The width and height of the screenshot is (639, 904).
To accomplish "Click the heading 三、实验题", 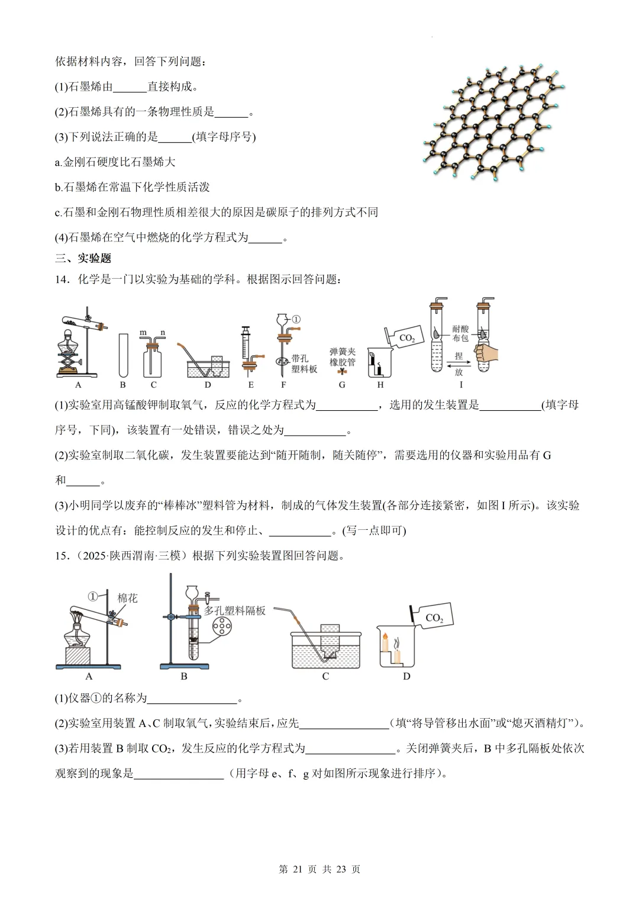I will pyautogui.click(x=83, y=258).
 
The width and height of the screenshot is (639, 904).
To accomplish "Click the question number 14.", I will pyautogui.click(x=62, y=279).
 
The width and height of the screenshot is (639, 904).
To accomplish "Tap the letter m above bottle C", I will pyautogui.click(x=143, y=333).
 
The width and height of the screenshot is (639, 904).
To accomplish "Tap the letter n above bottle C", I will pyautogui.click(x=162, y=333).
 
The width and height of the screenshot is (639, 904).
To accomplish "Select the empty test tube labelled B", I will pyautogui.click(x=123, y=355).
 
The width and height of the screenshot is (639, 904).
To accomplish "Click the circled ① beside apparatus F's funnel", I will pyautogui.click(x=296, y=320).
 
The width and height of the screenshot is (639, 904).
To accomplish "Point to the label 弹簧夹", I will pyautogui.click(x=343, y=352).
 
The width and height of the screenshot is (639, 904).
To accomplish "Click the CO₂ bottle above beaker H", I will pyautogui.click(x=405, y=337).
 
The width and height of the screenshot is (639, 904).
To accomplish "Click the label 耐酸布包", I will pyautogui.click(x=460, y=333).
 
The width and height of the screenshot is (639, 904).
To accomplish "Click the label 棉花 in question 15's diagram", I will pyautogui.click(x=127, y=598).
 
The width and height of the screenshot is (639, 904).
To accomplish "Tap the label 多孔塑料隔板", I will pyautogui.click(x=235, y=610).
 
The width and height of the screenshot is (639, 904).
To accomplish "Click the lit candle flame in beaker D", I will pyautogui.click(x=385, y=639).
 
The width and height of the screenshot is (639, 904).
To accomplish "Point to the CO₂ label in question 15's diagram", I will pyautogui.click(x=434, y=617).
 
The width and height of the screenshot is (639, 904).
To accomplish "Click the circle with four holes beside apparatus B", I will pyautogui.click(x=222, y=626).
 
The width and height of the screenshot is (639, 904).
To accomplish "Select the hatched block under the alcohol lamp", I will pyautogui.click(x=77, y=656).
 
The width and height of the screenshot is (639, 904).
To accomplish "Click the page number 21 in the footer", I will pyautogui.click(x=297, y=869).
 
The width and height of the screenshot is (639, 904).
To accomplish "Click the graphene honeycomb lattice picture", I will pyautogui.click(x=494, y=121).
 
